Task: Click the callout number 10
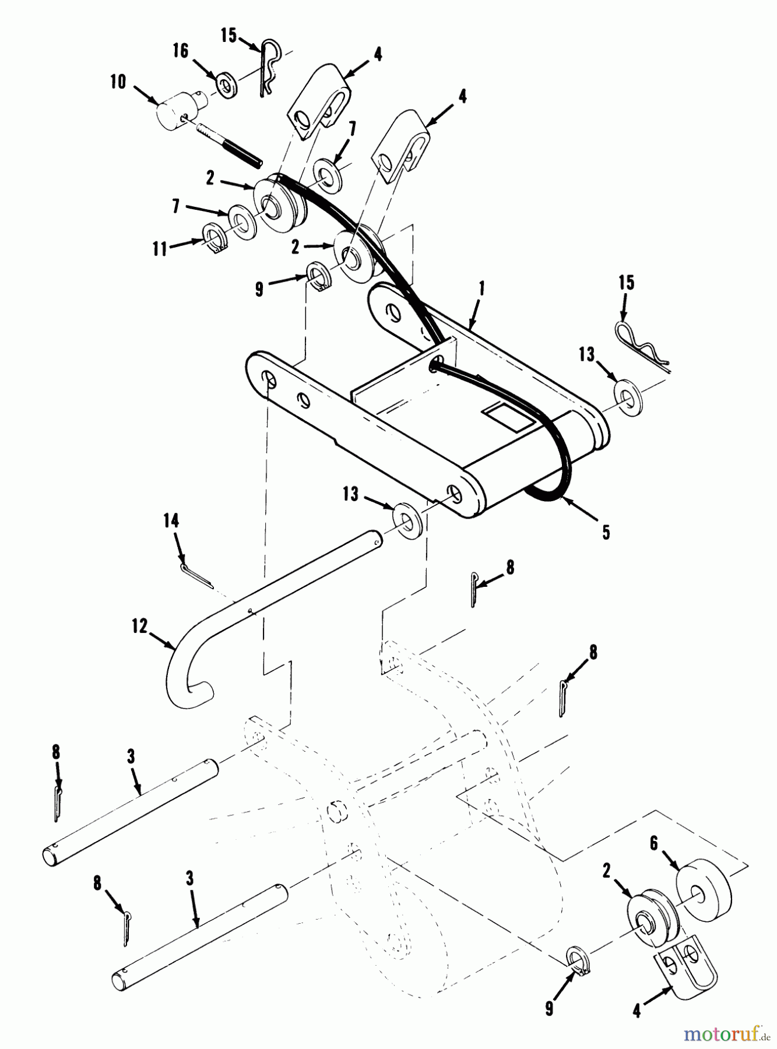pos(118,82)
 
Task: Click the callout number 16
pos(181,51)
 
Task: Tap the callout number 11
pos(159,249)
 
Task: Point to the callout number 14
pos(171,520)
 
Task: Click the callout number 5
pos(606,532)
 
